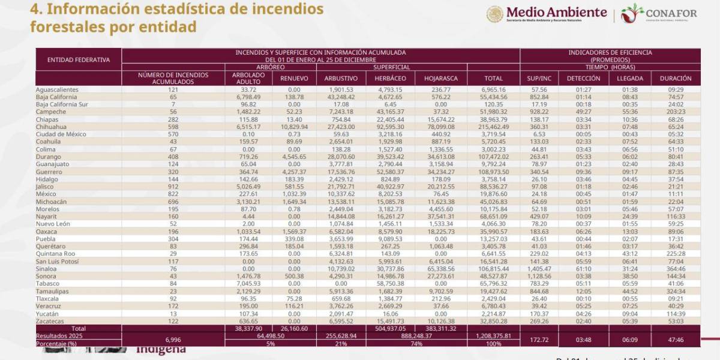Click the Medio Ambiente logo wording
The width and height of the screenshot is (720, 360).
(556, 12)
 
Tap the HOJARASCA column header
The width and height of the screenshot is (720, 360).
(440, 78)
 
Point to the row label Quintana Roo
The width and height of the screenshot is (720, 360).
(55, 254)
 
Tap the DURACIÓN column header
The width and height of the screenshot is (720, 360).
(676, 78)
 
